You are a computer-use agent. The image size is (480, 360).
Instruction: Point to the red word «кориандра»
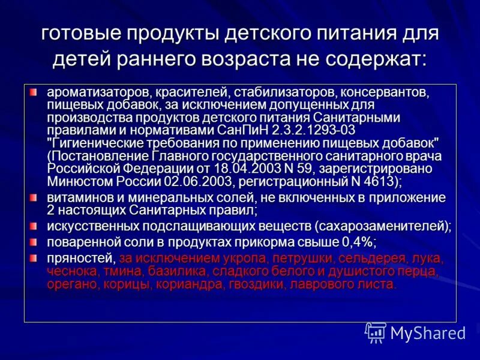[197, 284]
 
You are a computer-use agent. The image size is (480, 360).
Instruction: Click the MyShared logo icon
[376, 332]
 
